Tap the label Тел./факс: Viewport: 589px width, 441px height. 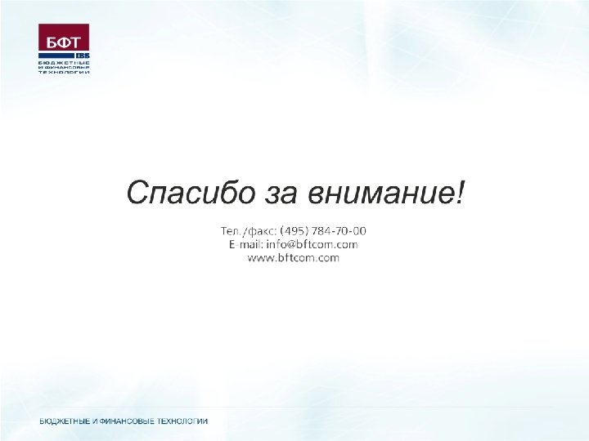tap(249, 230)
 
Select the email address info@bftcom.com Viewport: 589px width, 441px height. tap(312, 244)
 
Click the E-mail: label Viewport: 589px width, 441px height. tap(245, 244)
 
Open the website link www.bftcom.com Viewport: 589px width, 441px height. tap(293, 258)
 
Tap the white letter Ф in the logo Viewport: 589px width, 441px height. tap(64, 42)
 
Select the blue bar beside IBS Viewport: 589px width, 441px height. tap(56, 56)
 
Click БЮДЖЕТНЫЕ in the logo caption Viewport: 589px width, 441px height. tap(64, 63)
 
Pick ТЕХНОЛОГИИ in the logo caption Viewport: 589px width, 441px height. tap(64, 72)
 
